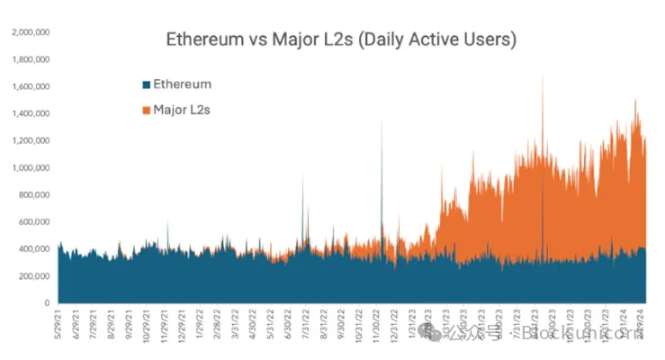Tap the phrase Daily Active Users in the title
[441, 40]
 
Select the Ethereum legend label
[182, 85]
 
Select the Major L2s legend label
[182, 110]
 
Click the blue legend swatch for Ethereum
[146, 85]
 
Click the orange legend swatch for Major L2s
[146, 110]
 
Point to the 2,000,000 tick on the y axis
[30, 32]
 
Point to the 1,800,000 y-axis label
[30, 59]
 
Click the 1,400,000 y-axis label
[30, 113]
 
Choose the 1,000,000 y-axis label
[30, 167]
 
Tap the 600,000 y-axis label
[34, 221]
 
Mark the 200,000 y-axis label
[34, 275]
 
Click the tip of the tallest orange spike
[542, 73]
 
